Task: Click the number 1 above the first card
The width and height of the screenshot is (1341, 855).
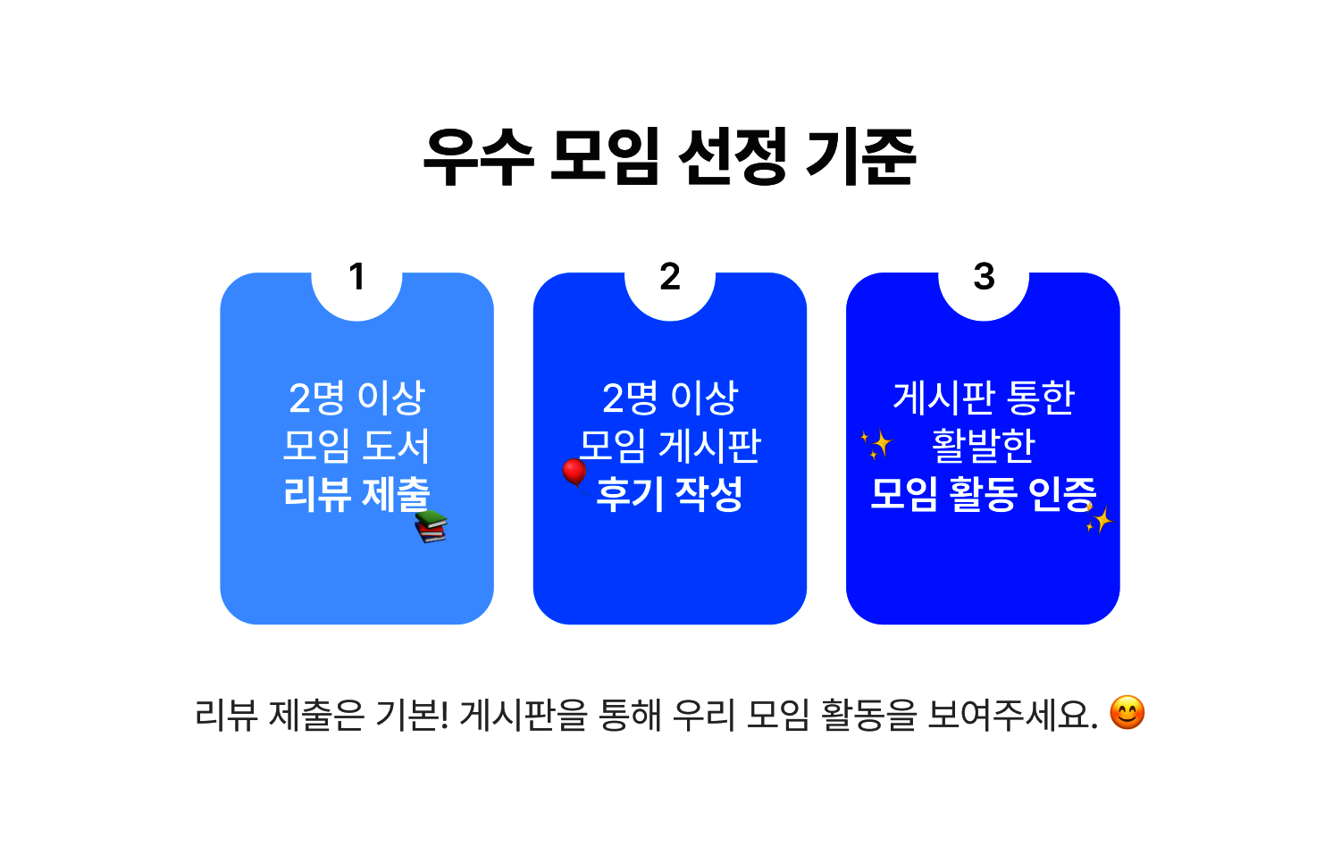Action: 357,277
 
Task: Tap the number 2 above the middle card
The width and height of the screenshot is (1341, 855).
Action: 670,277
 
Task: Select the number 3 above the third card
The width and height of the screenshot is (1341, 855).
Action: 984,277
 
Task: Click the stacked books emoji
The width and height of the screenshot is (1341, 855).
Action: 431,527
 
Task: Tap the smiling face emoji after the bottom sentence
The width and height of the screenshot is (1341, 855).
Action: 1127,713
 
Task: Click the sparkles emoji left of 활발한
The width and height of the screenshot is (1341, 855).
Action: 876,444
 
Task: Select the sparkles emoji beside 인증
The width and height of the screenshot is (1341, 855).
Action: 1099,518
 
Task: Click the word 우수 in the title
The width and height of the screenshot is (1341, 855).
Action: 478,157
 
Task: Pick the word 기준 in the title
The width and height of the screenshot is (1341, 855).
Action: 861,157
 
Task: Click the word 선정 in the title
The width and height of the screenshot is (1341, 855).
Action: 733,157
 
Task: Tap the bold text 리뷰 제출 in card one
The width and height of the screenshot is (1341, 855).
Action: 356,495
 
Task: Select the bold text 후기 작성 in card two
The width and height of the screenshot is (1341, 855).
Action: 670,495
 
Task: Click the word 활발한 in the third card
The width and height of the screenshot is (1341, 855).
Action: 984,446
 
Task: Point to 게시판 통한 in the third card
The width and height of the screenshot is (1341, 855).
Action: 984,398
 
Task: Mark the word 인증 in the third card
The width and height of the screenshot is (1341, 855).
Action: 1062,495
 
